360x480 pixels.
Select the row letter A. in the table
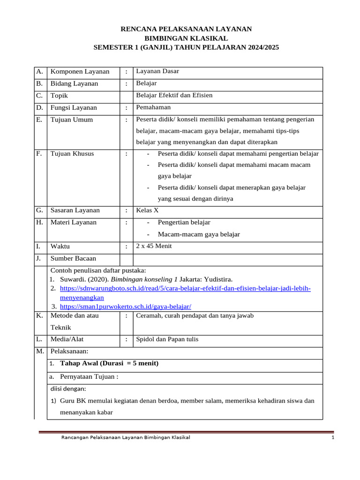39,72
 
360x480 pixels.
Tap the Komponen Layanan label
80,72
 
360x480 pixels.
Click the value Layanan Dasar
157,71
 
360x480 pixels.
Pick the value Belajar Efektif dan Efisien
174,95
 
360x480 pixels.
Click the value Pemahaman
153,107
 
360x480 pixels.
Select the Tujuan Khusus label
72,154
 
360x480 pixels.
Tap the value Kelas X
147,210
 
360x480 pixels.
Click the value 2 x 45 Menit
154,246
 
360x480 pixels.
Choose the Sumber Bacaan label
73,258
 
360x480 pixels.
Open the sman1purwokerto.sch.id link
126,306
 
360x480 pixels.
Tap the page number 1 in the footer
332,438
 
